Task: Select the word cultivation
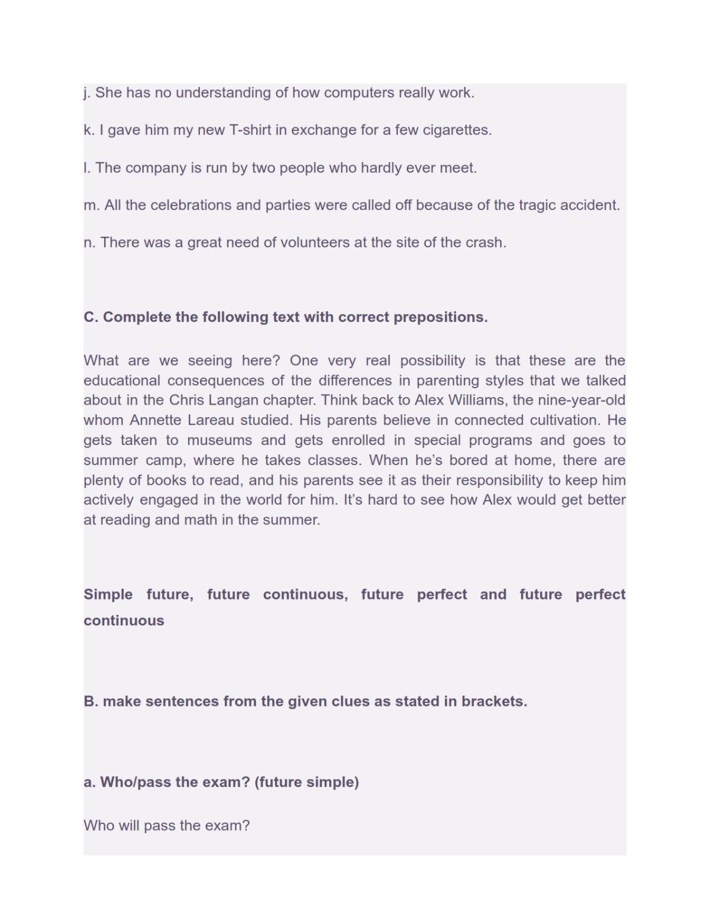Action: (565, 421)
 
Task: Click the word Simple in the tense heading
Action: (108, 595)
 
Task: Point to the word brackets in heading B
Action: (494, 702)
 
